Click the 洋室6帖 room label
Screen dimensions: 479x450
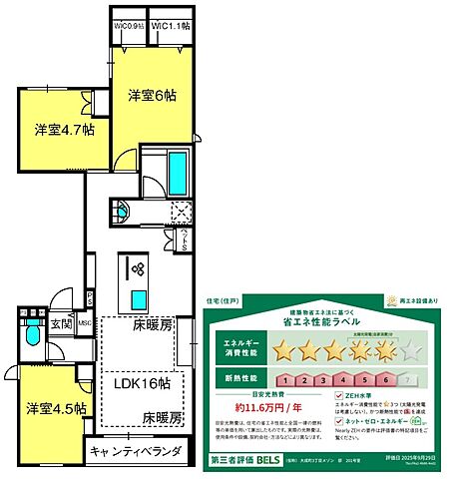(152, 97)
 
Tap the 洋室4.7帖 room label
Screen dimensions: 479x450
(64, 129)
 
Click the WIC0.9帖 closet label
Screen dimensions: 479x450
(129, 28)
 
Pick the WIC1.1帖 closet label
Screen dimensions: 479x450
(172, 28)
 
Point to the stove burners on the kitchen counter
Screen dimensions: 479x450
(137, 267)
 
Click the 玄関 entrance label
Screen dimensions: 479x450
(63, 322)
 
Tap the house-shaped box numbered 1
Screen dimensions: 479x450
(284, 379)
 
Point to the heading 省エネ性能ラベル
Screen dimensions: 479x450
(326, 318)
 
